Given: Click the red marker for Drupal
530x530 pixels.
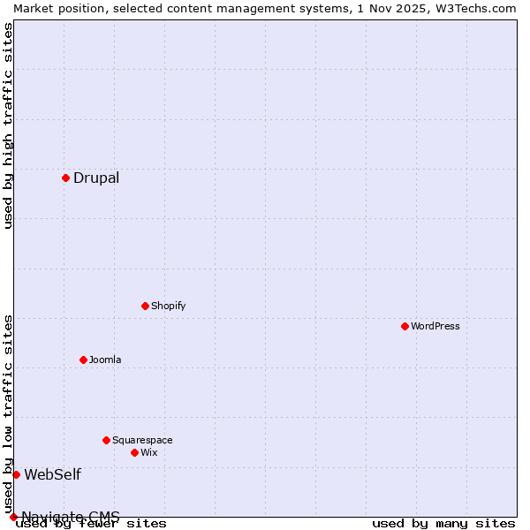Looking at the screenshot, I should click(65, 178).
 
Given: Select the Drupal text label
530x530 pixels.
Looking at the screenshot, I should click(96, 178).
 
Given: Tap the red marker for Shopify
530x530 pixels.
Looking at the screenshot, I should click(145, 306).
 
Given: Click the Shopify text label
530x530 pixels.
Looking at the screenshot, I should click(168, 307).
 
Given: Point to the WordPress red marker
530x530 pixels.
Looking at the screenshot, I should click(405, 326).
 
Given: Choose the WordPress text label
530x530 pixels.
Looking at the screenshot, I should click(435, 327).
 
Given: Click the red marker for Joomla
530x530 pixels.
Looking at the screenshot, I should click(83, 360).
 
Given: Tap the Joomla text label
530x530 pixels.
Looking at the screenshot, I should click(105, 360).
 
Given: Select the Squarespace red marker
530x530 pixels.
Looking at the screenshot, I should click(106, 440).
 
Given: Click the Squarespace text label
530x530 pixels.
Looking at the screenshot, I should click(142, 441).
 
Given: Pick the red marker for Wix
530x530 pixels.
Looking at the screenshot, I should click(134, 452).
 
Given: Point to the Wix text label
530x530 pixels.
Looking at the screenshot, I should click(148, 453).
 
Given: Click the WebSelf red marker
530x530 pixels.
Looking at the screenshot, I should click(16, 474).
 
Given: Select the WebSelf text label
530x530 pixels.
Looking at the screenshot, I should click(52, 475).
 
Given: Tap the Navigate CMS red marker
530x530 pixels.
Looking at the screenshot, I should click(13, 517).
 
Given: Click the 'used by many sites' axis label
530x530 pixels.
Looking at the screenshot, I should click(443, 524).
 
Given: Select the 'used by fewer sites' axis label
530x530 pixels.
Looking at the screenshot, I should click(91, 524).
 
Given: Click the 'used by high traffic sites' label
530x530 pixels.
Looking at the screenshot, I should click(9, 125).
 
